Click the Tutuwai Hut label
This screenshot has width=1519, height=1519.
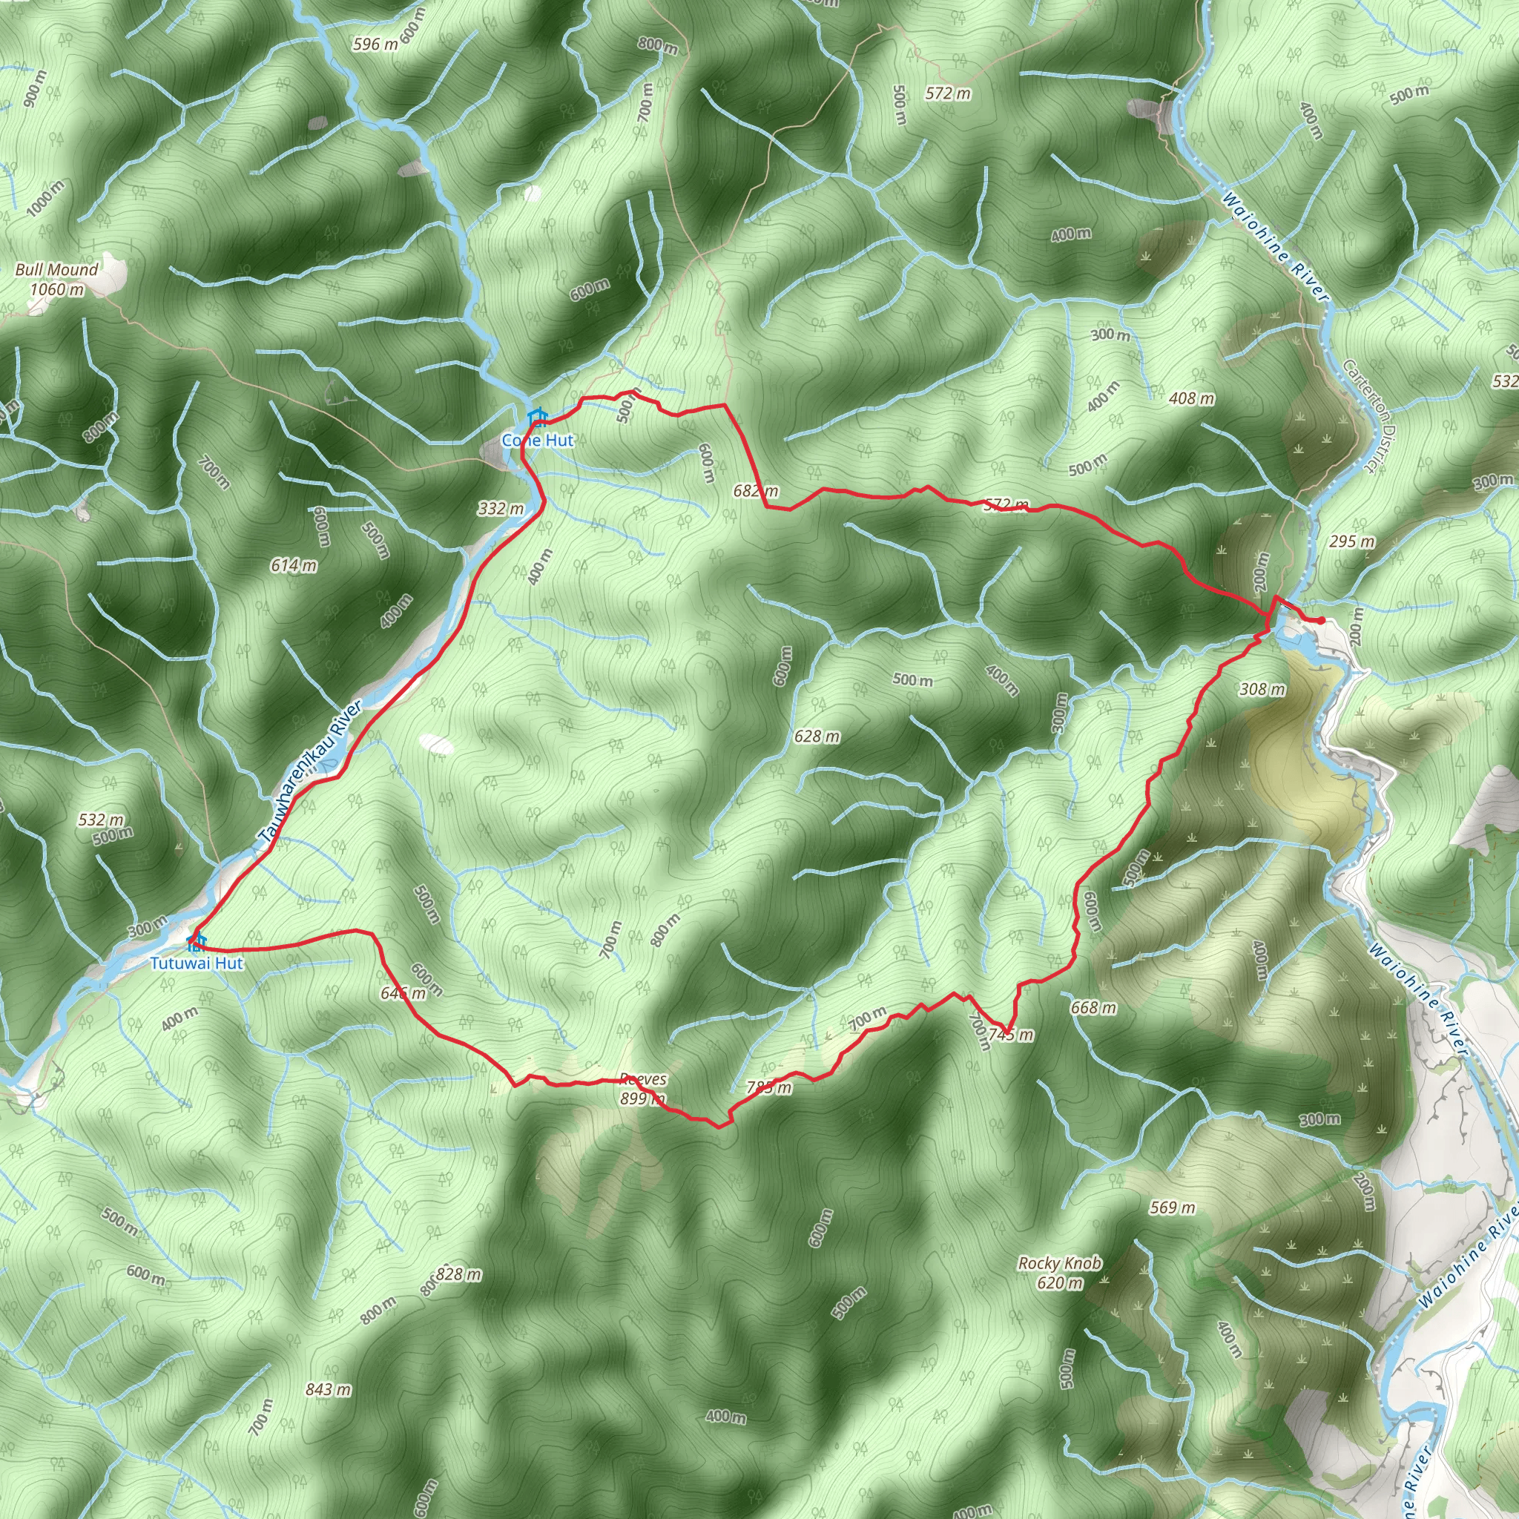point(197,963)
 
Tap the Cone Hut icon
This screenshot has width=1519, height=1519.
point(537,416)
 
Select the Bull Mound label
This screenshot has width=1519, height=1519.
point(56,270)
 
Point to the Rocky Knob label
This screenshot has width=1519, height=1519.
point(1059,1263)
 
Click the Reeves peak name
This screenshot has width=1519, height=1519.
point(642,1079)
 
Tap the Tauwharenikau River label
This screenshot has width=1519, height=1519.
point(310,775)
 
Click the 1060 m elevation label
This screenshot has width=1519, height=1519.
point(56,289)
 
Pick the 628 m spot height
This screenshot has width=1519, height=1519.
point(817,736)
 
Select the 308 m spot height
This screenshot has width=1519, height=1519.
point(1262,689)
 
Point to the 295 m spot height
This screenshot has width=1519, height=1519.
point(1352,541)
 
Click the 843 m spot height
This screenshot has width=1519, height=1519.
point(329,1389)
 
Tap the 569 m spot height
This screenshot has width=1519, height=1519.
point(1171,1207)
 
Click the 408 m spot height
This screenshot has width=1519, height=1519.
point(1192,398)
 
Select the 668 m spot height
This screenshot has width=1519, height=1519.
point(1093,1006)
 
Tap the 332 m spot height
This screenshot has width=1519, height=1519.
point(501,508)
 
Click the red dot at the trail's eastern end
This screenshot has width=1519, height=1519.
point(1322,621)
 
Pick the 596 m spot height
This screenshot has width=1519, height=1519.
point(375,44)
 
